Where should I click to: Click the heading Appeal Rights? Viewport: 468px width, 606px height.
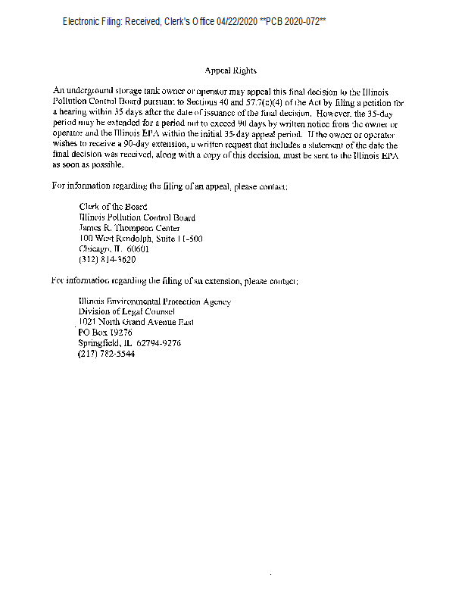231,71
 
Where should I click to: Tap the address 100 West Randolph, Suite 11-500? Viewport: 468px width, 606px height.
140,239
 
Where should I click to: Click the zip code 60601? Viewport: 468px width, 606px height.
137,248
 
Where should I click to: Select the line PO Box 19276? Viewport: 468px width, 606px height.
105,333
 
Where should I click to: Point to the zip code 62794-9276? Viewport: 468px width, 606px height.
158,343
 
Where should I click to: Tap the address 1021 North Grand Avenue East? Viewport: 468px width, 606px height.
136,322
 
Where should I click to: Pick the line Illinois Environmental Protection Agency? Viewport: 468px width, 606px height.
154,301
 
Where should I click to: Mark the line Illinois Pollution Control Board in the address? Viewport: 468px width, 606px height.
137,217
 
